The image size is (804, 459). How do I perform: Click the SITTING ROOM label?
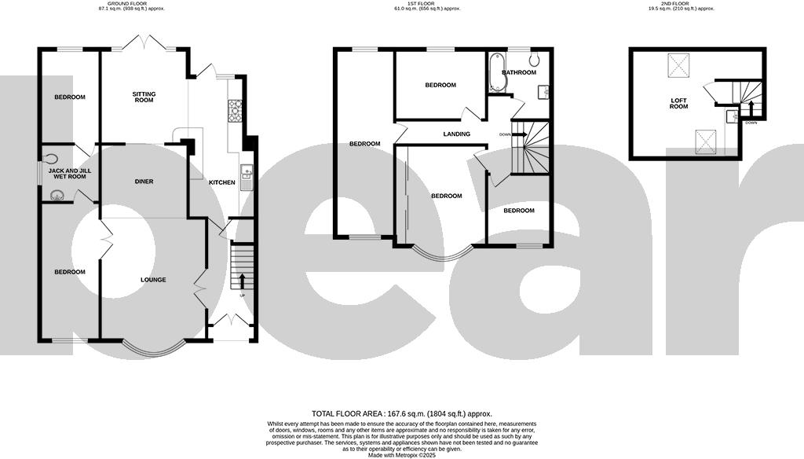click(144, 97)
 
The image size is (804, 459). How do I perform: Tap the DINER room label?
click(144, 182)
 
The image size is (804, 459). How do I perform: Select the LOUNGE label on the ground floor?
click(153, 280)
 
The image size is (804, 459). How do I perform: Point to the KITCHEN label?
click(221, 183)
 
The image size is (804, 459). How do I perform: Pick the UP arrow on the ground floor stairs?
click(242, 281)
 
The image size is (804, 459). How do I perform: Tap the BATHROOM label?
click(519, 73)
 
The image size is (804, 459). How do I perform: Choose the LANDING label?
click(456, 134)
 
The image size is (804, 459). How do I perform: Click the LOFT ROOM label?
click(678, 103)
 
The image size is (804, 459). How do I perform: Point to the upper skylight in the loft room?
click(678, 65)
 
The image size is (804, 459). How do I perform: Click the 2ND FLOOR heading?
click(676, 3)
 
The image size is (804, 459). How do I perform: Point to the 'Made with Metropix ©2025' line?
click(401, 455)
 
